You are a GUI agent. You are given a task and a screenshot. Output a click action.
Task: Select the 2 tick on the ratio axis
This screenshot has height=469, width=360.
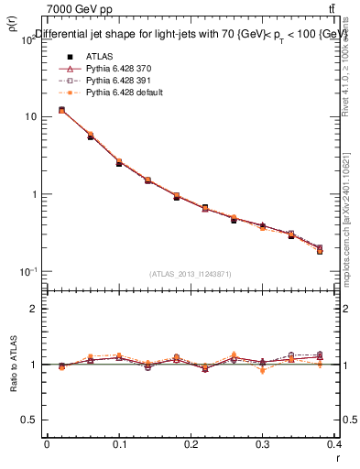(34, 309)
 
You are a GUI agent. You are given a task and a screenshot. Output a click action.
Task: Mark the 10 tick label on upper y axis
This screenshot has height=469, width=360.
(29, 117)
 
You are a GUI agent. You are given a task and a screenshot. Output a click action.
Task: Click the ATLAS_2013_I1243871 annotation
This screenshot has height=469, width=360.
(190, 274)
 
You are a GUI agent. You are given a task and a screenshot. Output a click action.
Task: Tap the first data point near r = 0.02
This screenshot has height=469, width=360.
(61, 110)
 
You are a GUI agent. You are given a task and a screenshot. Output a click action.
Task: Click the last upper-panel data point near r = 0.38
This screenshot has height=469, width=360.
(320, 250)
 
